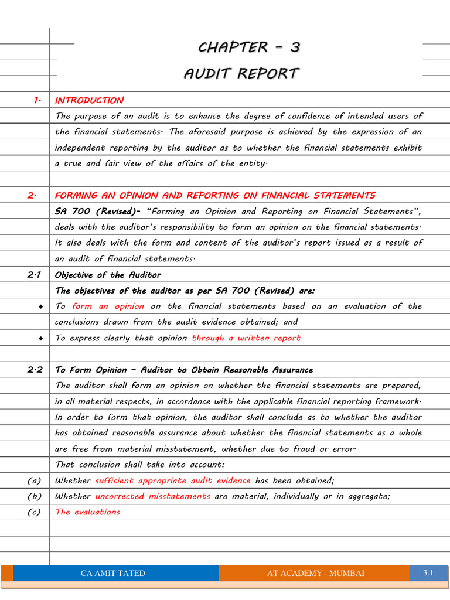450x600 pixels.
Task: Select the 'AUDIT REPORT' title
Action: (241, 74)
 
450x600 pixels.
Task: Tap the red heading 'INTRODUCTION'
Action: (89, 100)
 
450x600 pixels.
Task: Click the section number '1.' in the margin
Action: (37, 100)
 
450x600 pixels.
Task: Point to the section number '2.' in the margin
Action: (32, 195)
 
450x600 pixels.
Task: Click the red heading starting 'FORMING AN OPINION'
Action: (215, 195)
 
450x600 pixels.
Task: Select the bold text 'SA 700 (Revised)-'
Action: (97, 211)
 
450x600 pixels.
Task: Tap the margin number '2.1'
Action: (34, 275)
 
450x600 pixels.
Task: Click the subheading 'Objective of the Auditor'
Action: (108, 275)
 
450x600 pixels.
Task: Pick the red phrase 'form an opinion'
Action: (108, 306)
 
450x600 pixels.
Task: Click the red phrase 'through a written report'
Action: (246, 338)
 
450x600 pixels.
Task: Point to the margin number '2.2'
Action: (34, 370)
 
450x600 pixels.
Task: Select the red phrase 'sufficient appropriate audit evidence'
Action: (173, 480)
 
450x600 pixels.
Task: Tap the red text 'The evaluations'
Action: (87, 512)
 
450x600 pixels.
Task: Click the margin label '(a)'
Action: (34, 480)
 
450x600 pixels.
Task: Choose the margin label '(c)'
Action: (34, 512)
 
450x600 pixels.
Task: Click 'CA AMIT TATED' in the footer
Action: (112, 573)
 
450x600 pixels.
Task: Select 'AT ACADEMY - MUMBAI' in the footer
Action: (315, 573)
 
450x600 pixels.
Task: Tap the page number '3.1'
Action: (428, 572)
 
